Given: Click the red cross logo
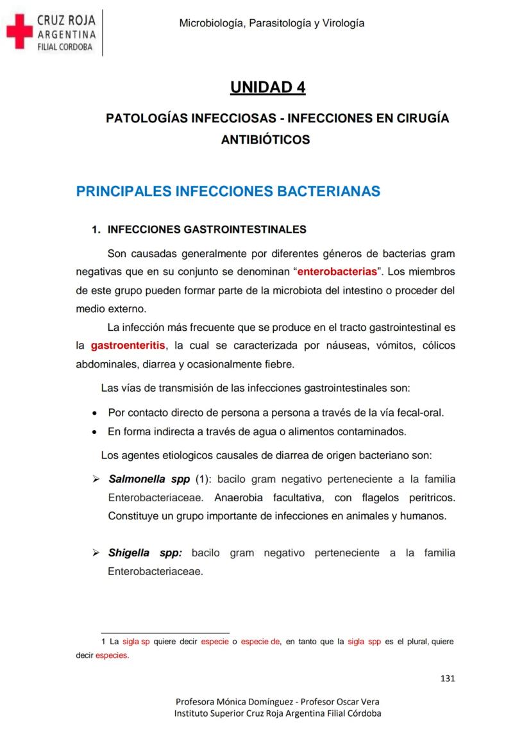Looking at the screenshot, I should click(19, 32).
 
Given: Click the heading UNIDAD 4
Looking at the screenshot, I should click(267, 87).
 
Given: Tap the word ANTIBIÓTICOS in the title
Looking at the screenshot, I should click(265, 139).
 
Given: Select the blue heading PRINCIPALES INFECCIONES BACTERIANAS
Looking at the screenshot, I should click(228, 191).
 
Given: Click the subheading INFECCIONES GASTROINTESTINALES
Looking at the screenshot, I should click(206, 229).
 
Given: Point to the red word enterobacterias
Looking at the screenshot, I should click(338, 271).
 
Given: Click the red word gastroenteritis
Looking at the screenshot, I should click(128, 346).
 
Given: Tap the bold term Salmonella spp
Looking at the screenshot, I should click(145, 479).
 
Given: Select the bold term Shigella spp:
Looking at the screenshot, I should click(146, 553).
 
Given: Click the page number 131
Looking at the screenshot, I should click(448, 679).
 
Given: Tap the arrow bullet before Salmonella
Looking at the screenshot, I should click(96, 479).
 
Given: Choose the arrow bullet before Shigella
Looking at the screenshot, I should click(96, 553).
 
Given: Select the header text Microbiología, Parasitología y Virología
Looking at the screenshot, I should click(272, 23).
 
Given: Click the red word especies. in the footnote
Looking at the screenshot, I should click(112, 655).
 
